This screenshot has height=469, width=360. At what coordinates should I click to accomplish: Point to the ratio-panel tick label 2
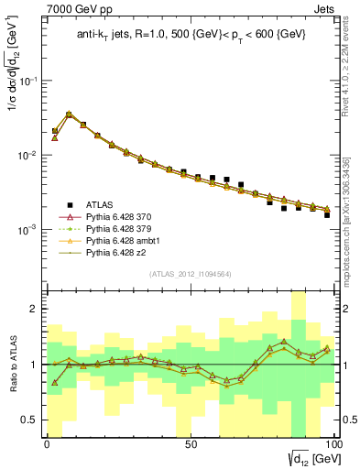click(x=34, y=309)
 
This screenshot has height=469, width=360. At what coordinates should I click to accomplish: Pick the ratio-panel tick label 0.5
click(x=30, y=420)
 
